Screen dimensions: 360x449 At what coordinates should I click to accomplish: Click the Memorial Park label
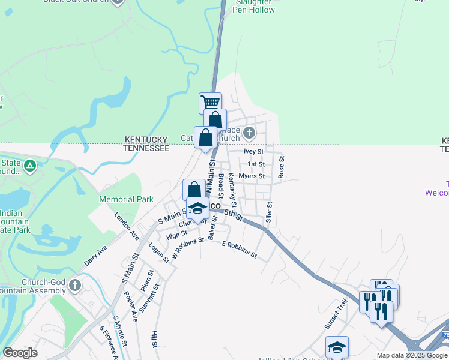126,199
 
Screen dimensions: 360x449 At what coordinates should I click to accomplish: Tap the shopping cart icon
210,103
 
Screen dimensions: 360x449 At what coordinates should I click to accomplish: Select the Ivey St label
254,152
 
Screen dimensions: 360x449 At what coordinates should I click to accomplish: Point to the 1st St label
256,164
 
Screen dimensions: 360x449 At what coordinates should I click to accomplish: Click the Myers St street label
252,176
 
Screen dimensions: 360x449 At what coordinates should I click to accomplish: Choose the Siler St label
270,212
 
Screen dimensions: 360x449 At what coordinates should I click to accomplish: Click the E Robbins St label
239,250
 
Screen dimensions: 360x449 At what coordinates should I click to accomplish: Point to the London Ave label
127,226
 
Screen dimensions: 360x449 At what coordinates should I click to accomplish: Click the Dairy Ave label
95,256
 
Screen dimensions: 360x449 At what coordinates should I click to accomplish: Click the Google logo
20,353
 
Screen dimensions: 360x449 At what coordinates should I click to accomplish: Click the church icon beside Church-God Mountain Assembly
75,284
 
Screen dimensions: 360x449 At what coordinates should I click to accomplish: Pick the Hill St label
154,340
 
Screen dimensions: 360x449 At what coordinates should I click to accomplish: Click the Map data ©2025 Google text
412,355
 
